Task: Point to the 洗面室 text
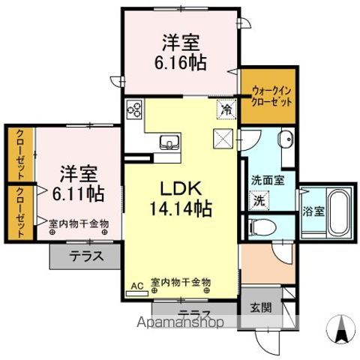(267, 181)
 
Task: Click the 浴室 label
(313, 212)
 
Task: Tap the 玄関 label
(262, 307)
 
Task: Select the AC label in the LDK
(136, 286)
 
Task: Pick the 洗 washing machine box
(259, 200)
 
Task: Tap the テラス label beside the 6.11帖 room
(86, 256)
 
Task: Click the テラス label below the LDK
(193, 313)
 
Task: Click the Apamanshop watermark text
(177, 325)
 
